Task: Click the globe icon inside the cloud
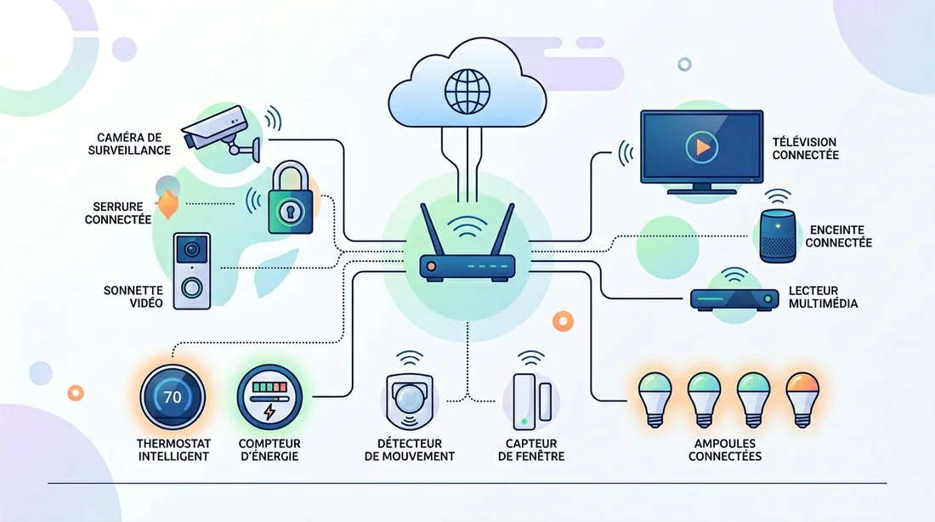pyautogui.click(x=467, y=91)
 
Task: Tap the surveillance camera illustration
pyautogui.click(x=222, y=133)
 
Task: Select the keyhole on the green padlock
pyautogui.click(x=291, y=211)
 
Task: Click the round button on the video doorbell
pyautogui.click(x=191, y=288)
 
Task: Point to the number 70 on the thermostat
pyautogui.click(x=173, y=397)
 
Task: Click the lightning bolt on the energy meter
pyautogui.click(x=269, y=411)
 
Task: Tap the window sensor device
pyautogui.click(x=532, y=401)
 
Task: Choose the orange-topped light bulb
pyautogui.click(x=802, y=399)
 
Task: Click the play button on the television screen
pyautogui.click(x=702, y=147)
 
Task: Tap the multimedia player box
pyautogui.click(x=734, y=299)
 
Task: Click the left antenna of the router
pyautogui.click(x=432, y=230)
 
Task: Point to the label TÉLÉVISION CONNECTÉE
pyautogui.click(x=806, y=149)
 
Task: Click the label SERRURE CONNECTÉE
pyautogui.click(x=118, y=213)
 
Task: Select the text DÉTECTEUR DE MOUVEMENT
pyautogui.click(x=410, y=450)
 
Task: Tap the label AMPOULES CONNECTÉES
pyautogui.click(x=725, y=450)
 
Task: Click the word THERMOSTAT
pyautogui.click(x=173, y=444)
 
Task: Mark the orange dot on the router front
pyautogui.click(x=431, y=267)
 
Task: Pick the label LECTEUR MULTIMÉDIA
pyautogui.click(x=824, y=297)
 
